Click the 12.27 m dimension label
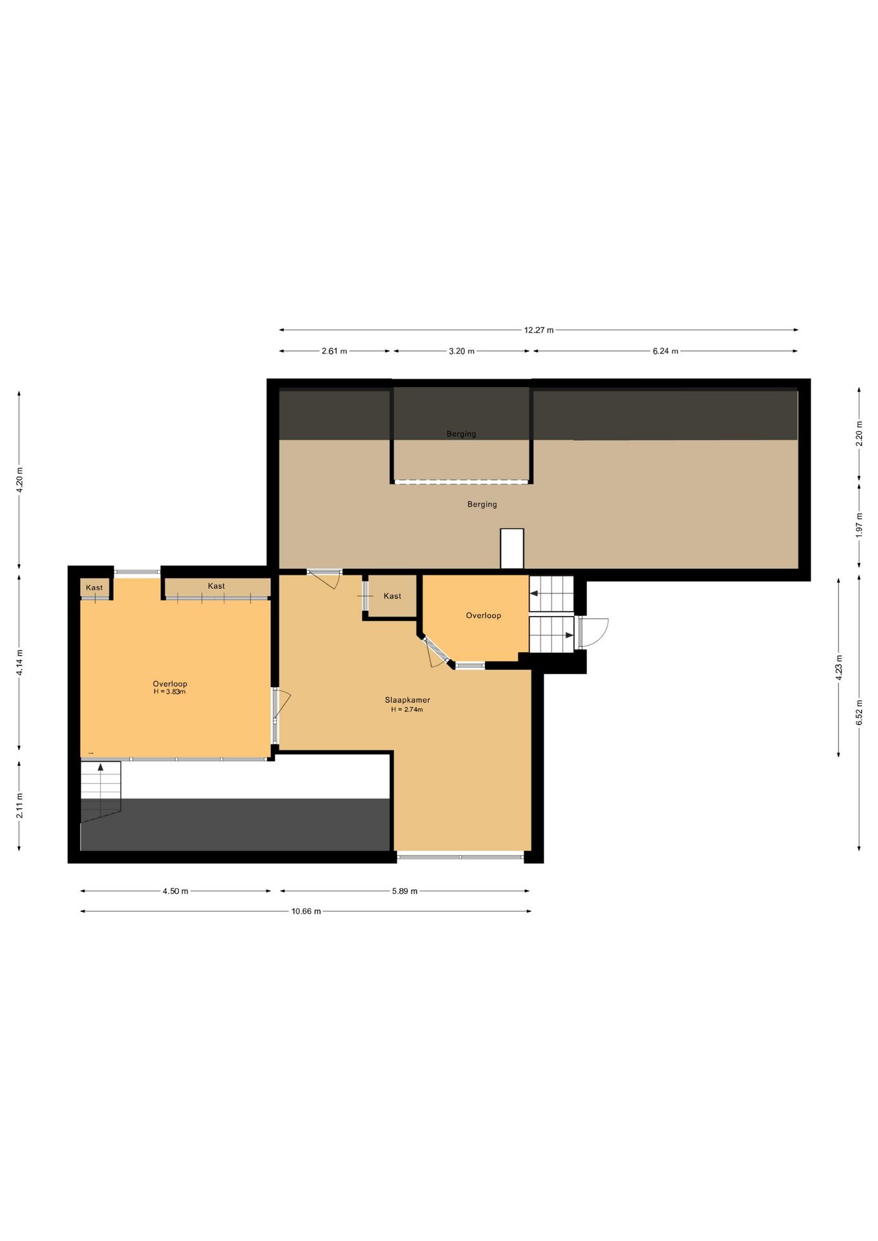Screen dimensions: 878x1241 click(x=539, y=330)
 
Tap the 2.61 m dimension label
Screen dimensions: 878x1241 click(x=334, y=352)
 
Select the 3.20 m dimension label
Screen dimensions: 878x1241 click(x=462, y=352)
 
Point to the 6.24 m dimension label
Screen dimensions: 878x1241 click(x=665, y=352)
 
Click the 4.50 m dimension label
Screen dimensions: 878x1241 click(x=175, y=891)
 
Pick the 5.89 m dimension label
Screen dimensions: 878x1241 click(x=405, y=891)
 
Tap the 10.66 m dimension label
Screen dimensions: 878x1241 click(x=306, y=911)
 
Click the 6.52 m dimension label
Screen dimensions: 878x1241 click(x=859, y=712)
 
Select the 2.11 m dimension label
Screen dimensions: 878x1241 click(x=20, y=805)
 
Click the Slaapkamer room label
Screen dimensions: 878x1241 click(x=407, y=700)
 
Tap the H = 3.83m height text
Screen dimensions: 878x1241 click(x=169, y=692)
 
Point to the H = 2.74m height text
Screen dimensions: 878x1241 click(x=407, y=710)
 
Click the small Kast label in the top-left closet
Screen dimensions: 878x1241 click(x=94, y=588)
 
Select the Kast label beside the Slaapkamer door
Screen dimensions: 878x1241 click(x=392, y=596)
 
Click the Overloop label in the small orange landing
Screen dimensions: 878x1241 click(x=484, y=615)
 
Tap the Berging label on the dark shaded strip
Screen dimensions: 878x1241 click(x=462, y=434)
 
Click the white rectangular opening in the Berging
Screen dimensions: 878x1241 click(x=512, y=549)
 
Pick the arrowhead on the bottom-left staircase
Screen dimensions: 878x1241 click(x=100, y=767)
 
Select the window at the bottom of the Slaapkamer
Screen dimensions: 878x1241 click(x=460, y=857)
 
